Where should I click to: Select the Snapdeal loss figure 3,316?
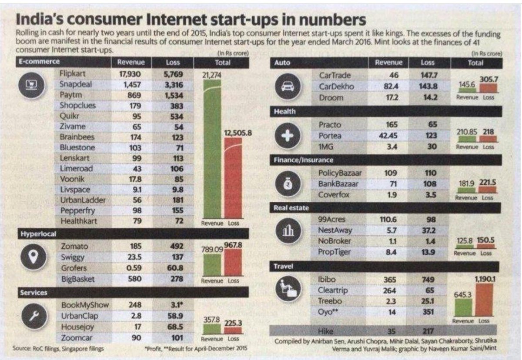pos(174,84)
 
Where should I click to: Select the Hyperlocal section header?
pos(38,234)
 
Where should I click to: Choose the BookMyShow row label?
pos(85,305)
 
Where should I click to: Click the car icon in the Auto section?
pos(287,86)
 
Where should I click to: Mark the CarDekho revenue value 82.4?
pos(388,87)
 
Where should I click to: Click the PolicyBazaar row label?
pos(340,173)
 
